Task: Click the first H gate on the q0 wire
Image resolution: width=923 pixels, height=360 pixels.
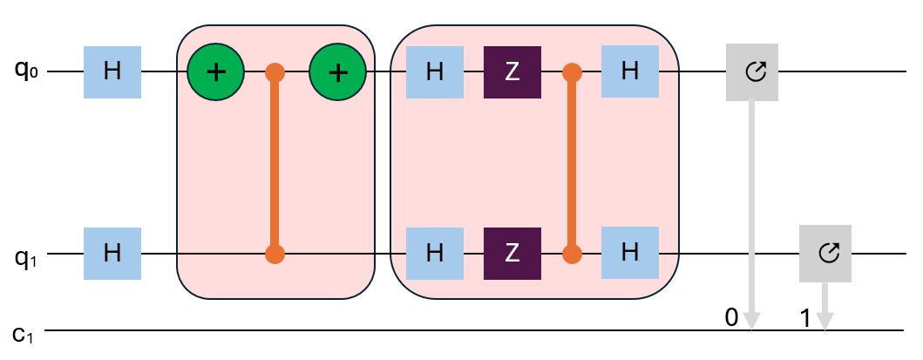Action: click(x=112, y=71)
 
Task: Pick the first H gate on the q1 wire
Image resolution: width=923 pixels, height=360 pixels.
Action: click(x=112, y=254)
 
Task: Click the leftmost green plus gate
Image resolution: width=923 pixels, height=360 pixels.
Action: click(x=216, y=71)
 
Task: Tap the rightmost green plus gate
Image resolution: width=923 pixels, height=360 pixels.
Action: click(x=338, y=71)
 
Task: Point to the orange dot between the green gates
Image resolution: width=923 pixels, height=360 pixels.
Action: click(x=275, y=71)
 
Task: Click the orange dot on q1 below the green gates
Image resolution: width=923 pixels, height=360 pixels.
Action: click(x=275, y=255)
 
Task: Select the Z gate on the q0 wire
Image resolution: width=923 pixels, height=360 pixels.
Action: click(x=512, y=71)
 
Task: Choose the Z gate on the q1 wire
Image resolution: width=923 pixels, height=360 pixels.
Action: click(x=512, y=254)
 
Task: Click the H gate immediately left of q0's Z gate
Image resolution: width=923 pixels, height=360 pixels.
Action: click(x=434, y=71)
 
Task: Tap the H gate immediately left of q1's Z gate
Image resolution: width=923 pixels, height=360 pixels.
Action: click(x=434, y=254)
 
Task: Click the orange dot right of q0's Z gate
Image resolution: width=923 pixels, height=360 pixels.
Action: click(x=572, y=71)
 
